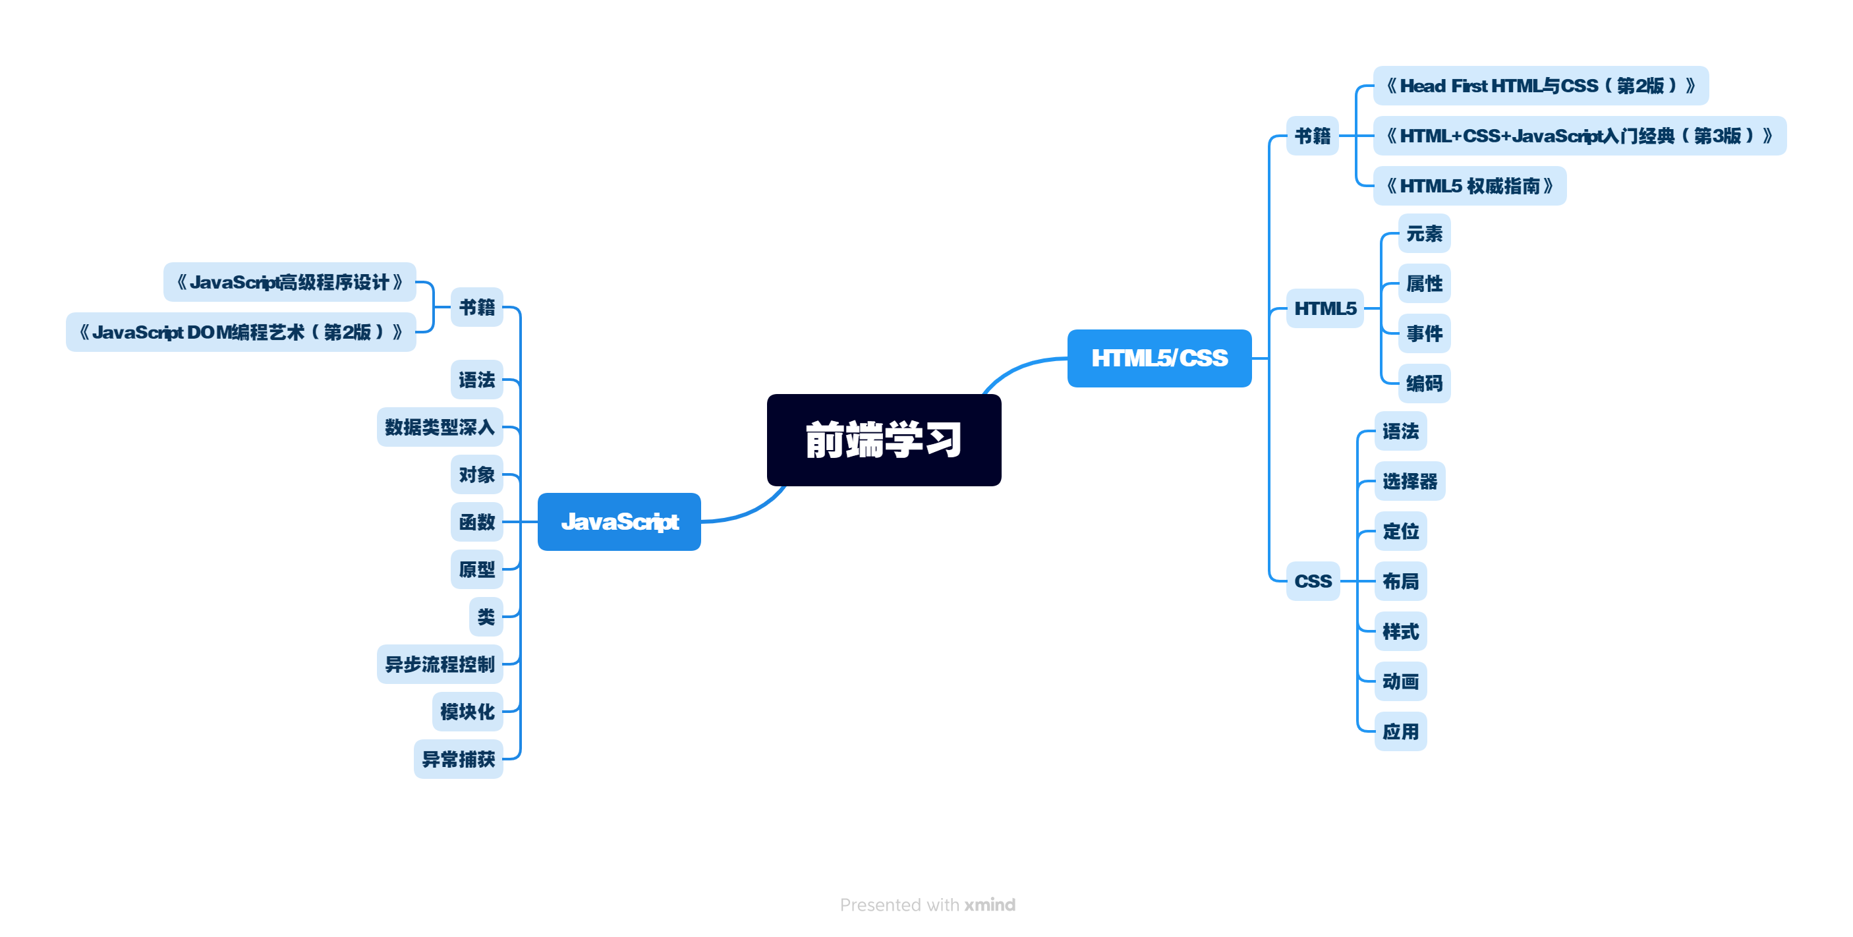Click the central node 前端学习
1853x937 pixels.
[x=884, y=440]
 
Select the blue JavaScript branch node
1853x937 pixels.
[x=619, y=521]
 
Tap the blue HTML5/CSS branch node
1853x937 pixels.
[x=1159, y=358]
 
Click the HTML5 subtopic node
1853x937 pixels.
[x=1325, y=308]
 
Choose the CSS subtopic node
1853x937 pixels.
[x=1313, y=581]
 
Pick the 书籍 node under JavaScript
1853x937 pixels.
[x=476, y=307]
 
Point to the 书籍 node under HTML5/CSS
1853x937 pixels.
[x=1312, y=136]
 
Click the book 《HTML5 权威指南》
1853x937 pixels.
[x=1469, y=186]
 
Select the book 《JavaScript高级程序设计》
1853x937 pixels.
[x=289, y=282]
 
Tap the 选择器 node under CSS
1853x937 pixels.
[x=1409, y=481]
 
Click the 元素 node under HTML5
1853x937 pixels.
[x=1423, y=234]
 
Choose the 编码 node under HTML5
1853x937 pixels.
[x=1423, y=383]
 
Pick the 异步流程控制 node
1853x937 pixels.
[x=440, y=664]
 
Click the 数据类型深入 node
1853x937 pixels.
[x=440, y=427]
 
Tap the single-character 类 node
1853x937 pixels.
[x=486, y=616]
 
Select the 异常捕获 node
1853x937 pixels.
[x=457, y=758]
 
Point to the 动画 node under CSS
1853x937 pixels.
[x=1400, y=681]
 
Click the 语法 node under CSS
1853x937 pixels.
[x=1400, y=432]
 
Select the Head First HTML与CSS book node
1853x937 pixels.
[x=1540, y=86]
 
